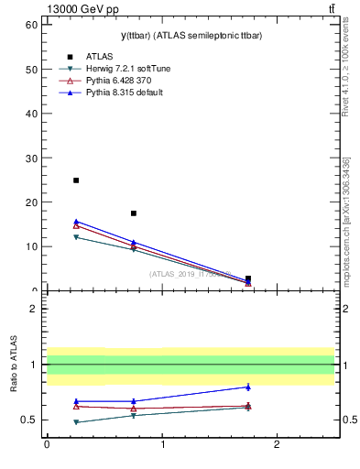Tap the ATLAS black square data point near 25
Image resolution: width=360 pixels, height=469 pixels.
tap(76, 180)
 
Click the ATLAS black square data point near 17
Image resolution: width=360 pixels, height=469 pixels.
tap(134, 213)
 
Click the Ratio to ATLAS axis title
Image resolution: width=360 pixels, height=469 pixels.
tap(15, 365)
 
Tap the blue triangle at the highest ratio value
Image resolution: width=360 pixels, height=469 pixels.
tap(248, 387)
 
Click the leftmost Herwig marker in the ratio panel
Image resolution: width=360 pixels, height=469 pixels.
tap(76, 422)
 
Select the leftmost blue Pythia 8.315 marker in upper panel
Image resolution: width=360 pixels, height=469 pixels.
tap(76, 221)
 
